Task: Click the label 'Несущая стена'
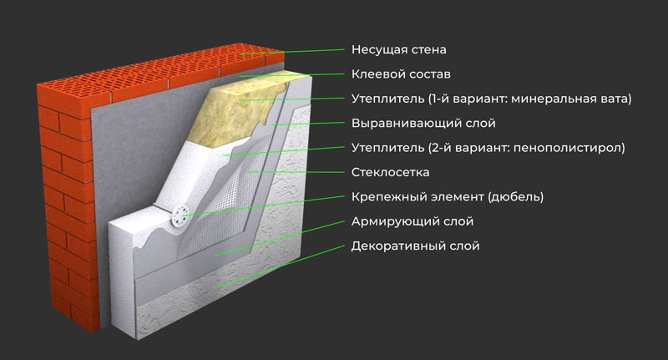393,49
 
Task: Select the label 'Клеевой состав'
394,74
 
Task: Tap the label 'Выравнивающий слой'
412,124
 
